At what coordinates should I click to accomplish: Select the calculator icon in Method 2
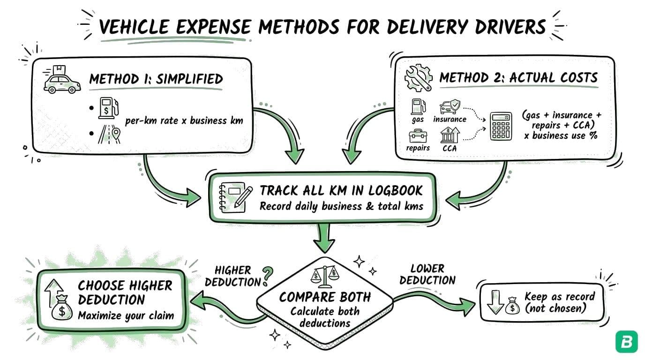[x=501, y=126]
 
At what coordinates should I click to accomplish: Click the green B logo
[x=626, y=342]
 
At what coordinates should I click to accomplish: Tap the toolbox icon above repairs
[x=418, y=136]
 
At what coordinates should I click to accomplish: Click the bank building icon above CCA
[x=450, y=136]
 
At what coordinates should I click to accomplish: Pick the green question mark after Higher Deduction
[x=268, y=277]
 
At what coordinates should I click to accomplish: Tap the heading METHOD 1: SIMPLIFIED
[x=156, y=79]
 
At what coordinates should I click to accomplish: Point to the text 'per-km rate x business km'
[x=184, y=120]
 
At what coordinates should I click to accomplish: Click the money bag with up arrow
[x=58, y=300]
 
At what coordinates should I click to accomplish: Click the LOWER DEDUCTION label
[x=427, y=274]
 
